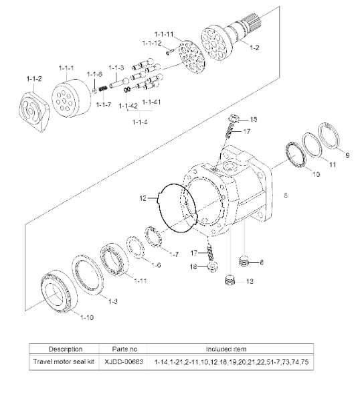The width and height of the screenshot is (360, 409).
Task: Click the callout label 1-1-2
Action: tap(34, 78)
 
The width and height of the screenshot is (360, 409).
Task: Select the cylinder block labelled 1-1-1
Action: tap(71, 98)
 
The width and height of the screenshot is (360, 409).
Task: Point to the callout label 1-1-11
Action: tap(164, 34)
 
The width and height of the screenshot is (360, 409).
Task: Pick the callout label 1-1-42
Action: tap(128, 106)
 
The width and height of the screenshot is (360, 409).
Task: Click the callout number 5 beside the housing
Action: tap(286, 195)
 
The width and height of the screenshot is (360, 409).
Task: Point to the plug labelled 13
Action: tap(230, 280)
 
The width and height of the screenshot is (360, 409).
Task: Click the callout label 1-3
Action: tap(112, 301)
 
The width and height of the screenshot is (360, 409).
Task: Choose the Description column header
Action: tap(65, 349)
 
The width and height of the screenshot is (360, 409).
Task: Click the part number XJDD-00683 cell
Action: tap(124, 361)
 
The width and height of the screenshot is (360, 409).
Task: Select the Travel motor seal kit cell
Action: tap(64, 361)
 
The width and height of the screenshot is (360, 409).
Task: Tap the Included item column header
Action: tap(226, 349)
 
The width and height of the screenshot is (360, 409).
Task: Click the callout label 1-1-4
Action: tap(140, 122)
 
